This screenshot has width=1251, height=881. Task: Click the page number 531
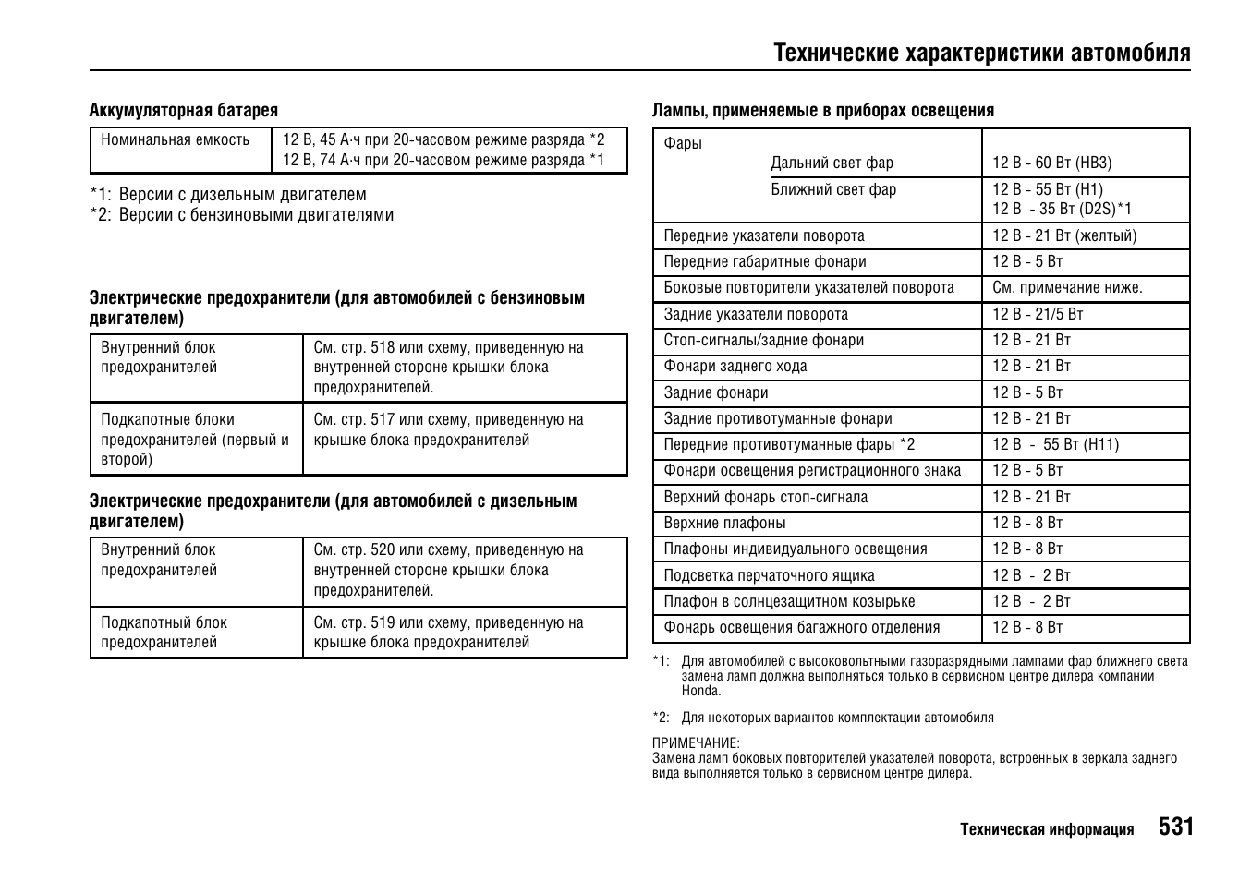1175,827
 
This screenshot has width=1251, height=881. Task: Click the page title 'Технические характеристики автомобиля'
982,53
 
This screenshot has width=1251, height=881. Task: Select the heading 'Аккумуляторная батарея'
183,111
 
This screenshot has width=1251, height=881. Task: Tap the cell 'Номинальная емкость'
176,140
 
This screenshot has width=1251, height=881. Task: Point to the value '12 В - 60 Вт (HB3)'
1051,163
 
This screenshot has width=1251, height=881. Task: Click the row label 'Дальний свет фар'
832,163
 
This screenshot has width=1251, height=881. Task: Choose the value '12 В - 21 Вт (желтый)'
1064,235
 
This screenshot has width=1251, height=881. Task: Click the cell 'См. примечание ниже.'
1067,288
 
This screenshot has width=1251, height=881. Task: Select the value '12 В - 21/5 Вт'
1038,314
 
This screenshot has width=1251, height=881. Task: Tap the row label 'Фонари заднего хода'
735,367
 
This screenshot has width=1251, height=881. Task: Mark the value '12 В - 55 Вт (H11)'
1055,445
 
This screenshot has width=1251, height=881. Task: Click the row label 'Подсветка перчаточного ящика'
769,576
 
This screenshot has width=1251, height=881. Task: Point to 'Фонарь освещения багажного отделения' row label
801,628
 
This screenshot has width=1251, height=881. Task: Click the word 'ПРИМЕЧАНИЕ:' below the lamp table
696,743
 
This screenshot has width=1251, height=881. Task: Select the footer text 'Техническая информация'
1046,829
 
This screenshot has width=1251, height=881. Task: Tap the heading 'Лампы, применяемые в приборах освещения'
823,111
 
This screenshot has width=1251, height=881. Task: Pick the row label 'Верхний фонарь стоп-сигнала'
765,498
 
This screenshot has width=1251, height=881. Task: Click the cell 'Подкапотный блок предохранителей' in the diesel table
164,633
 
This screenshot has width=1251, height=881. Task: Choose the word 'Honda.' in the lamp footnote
701,691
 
